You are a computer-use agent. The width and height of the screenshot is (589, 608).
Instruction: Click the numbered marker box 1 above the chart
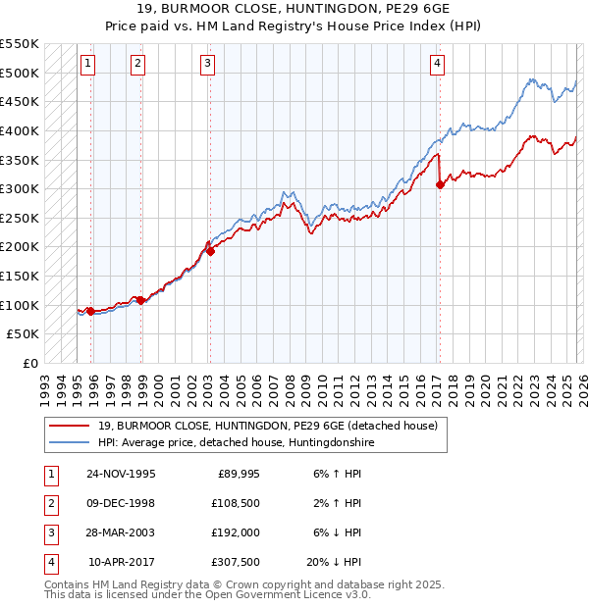pos(87,64)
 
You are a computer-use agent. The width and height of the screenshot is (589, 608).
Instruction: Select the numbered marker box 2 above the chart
pos(137,64)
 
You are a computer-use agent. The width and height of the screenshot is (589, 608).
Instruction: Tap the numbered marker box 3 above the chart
pos(208,64)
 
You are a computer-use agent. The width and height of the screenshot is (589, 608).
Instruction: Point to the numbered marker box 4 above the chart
pos(436,64)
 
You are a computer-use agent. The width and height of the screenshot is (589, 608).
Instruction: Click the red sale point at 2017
pos(440,184)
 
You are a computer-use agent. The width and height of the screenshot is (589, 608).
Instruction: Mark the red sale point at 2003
pos(210,251)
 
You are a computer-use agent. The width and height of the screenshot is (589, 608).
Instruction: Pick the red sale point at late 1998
pos(140,300)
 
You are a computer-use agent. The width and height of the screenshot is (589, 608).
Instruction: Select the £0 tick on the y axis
pos(29,363)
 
